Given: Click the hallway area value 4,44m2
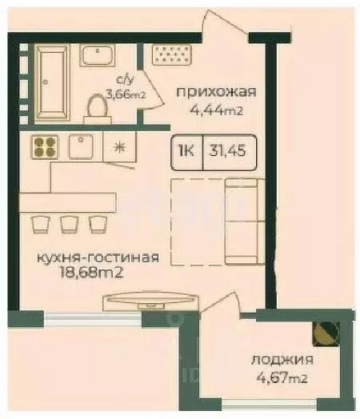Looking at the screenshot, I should click(x=217, y=112).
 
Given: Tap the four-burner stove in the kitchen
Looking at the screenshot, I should click(x=43, y=146).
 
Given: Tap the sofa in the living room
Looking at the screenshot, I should click(x=242, y=220).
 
